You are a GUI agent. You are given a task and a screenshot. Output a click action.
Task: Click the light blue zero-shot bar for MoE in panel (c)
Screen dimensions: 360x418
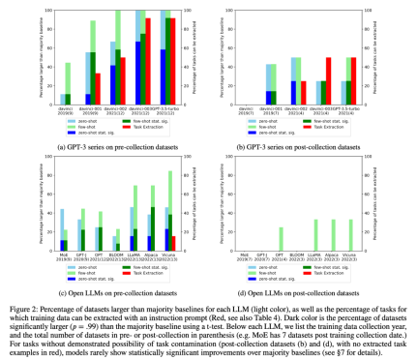63,223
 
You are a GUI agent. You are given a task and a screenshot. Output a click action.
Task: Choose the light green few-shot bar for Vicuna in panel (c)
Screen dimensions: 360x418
170,208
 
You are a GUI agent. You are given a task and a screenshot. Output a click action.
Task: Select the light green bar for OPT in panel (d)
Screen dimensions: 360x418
282,237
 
